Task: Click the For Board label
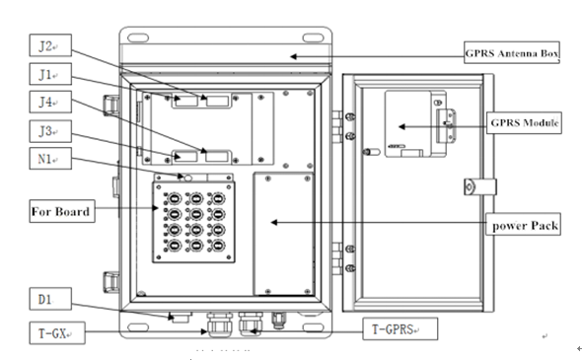click(x=59, y=211)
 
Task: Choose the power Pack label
click(x=525, y=226)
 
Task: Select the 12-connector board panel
click(x=192, y=221)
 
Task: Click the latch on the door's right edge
click(x=473, y=185)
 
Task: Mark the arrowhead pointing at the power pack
click(x=272, y=224)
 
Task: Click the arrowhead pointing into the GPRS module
click(x=400, y=126)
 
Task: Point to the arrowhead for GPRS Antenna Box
click(x=290, y=56)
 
